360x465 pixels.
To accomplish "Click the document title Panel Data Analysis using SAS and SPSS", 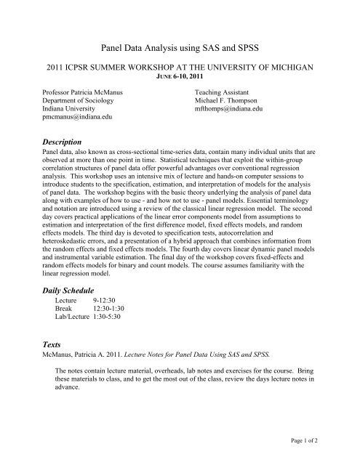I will point(180,46).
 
